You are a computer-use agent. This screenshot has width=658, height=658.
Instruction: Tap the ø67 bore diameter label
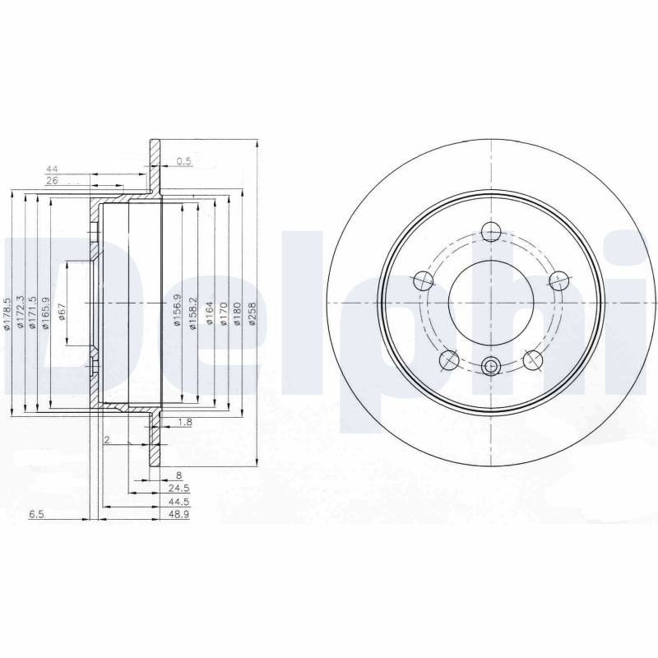(x=62, y=312)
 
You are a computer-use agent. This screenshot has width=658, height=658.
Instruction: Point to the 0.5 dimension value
(x=183, y=160)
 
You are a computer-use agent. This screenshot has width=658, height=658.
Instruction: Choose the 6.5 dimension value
(x=36, y=514)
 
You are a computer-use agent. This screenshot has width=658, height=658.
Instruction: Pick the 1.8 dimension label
(x=184, y=422)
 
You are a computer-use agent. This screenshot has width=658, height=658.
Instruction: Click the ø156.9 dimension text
(x=178, y=311)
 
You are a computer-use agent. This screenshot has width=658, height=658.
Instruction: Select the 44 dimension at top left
(x=52, y=169)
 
